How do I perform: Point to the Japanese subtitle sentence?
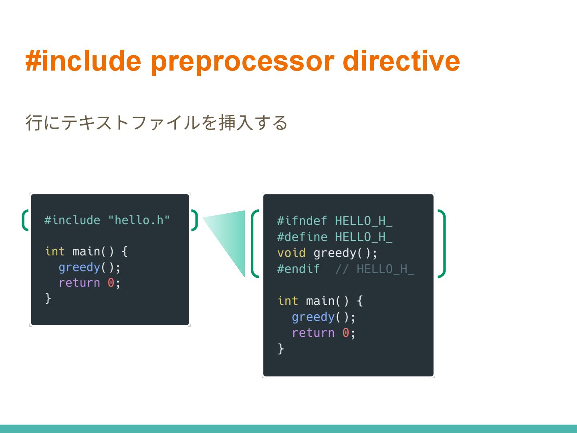point(156,123)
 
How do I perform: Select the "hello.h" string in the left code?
point(139,220)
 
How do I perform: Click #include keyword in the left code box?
point(72,220)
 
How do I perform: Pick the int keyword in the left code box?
point(55,251)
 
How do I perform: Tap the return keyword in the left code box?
point(79,283)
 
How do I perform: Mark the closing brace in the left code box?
point(48,298)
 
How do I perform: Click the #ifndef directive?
point(302,221)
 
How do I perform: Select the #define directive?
point(302,237)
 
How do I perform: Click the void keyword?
point(291,253)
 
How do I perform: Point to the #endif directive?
point(298,269)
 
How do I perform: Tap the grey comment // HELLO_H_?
point(374,269)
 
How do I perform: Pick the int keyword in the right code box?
point(288,301)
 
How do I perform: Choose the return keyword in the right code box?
point(313,333)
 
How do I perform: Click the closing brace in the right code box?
point(281,348)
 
